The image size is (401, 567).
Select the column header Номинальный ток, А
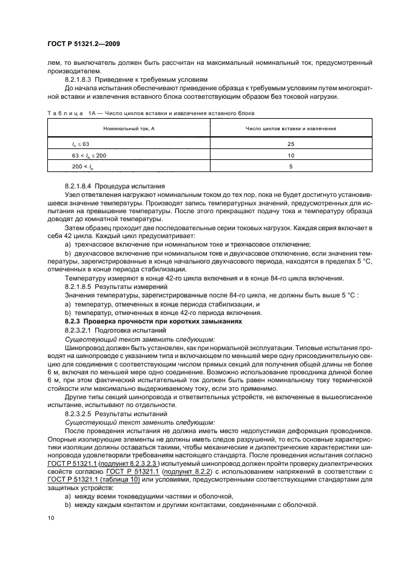129,128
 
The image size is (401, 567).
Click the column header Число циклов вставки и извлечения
291,128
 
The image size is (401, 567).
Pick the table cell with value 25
291,144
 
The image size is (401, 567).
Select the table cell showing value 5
291,167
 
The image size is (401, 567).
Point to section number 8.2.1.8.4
83,184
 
